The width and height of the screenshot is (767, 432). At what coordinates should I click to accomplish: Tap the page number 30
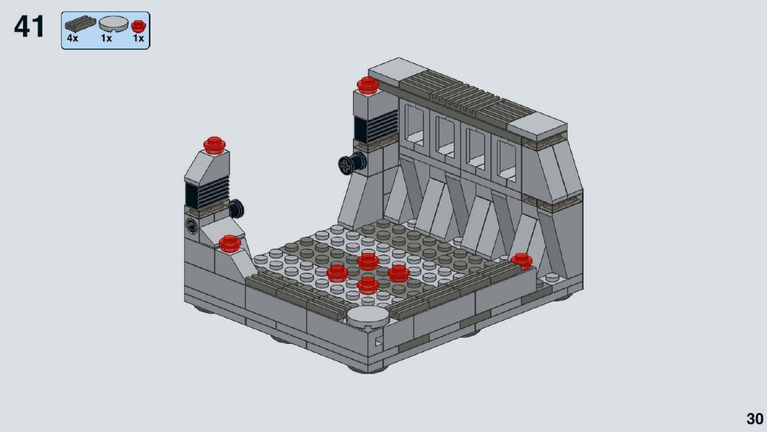(755, 419)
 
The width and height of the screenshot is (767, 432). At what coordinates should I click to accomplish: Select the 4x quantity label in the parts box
(72, 38)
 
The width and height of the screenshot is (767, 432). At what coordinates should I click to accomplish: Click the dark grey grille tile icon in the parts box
(80, 23)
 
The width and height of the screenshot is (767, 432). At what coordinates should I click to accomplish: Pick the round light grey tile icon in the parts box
(113, 24)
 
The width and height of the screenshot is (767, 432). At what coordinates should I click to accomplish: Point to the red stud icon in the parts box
(138, 26)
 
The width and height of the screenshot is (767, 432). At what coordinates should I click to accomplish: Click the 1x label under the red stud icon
(138, 38)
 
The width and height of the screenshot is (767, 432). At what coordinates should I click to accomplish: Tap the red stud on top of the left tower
(214, 145)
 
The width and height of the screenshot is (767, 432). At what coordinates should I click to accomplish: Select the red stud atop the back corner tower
(367, 85)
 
